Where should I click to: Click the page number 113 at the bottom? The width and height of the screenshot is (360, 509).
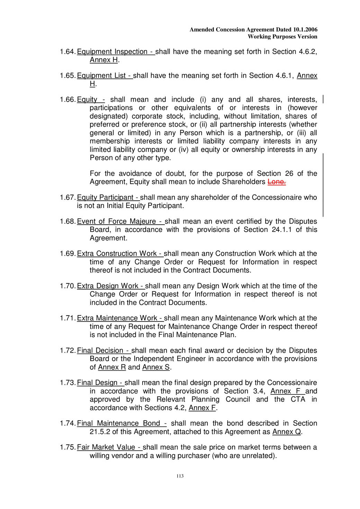click(x=180, y=476)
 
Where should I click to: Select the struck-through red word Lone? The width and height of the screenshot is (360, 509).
click(x=276, y=182)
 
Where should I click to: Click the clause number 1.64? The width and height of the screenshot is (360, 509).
click(x=67, y=52)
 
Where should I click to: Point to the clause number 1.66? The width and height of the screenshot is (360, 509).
click(x=67, y=100)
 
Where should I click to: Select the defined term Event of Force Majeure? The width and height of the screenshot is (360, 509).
click(x=117, y=221)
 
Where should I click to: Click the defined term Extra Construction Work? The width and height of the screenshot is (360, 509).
click(x=117, y=254)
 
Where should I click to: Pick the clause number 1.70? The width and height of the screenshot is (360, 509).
click(x=67, y=286)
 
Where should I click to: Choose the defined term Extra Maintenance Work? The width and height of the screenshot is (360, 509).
click(x=117, y=318)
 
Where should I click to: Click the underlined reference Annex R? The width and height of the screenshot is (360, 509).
click(x=112, y=367)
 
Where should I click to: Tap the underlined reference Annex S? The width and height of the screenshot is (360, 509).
click(x=156, y=367)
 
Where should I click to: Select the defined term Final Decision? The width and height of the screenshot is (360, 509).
click(x=100, y=351)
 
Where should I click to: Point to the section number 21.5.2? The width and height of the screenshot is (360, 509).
click(x=100, y=432)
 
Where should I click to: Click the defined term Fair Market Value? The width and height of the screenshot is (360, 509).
click(x=106, y=447)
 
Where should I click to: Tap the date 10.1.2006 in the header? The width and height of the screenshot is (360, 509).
click(x=305, y=30)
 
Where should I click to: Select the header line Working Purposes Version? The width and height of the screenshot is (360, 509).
click(x=282, y=37)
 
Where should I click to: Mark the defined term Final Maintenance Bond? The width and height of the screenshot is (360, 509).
click(x=118, y=424)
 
